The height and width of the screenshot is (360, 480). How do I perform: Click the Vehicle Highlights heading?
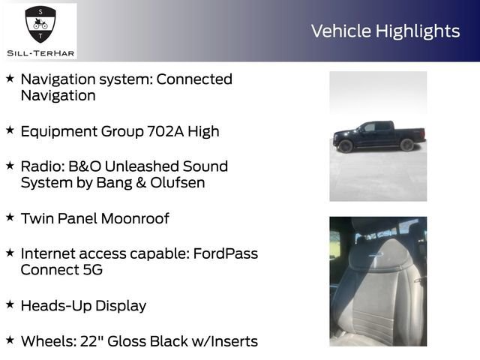pos(385,31)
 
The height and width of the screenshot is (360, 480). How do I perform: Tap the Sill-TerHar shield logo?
pos(40,25)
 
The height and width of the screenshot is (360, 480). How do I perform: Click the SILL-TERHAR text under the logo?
pos(40,52)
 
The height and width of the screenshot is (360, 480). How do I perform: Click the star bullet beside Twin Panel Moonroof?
pos(10,217)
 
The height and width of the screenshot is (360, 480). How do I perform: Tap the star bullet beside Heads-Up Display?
pos(10,304)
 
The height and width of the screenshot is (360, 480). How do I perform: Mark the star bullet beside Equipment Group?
pos(10,130)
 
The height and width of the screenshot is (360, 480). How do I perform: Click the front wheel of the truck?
pos(346,145)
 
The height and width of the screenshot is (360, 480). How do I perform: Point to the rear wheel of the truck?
pos(407,145)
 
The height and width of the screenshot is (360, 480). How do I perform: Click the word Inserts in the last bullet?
pos(229,341)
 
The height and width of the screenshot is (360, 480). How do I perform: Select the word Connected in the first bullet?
pos(195,79)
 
